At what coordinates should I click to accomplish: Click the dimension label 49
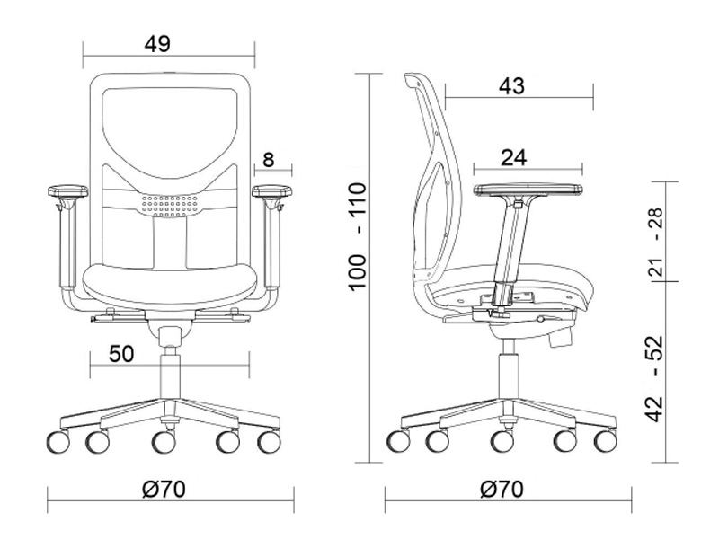pyautogui.click(x=157, y=44)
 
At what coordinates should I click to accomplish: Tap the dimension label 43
pyautogui.click(x=511, y=85)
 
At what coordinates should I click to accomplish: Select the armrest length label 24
pyautogui.click(x=513, y=158)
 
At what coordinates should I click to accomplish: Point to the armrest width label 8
pyautogui.click(x=268, y=160)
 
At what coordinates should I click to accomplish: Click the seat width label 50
pyautogui.click(x=121, y=354)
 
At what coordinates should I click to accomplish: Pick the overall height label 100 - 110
pyautogui.click(x=358, y=236)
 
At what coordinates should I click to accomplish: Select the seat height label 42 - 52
pyautogui.click(x=655, y=378)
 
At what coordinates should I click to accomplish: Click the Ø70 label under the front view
pyautogui.click(x=164, y=490)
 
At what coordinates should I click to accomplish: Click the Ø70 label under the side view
pyautogui.click(x=502, y=490)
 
